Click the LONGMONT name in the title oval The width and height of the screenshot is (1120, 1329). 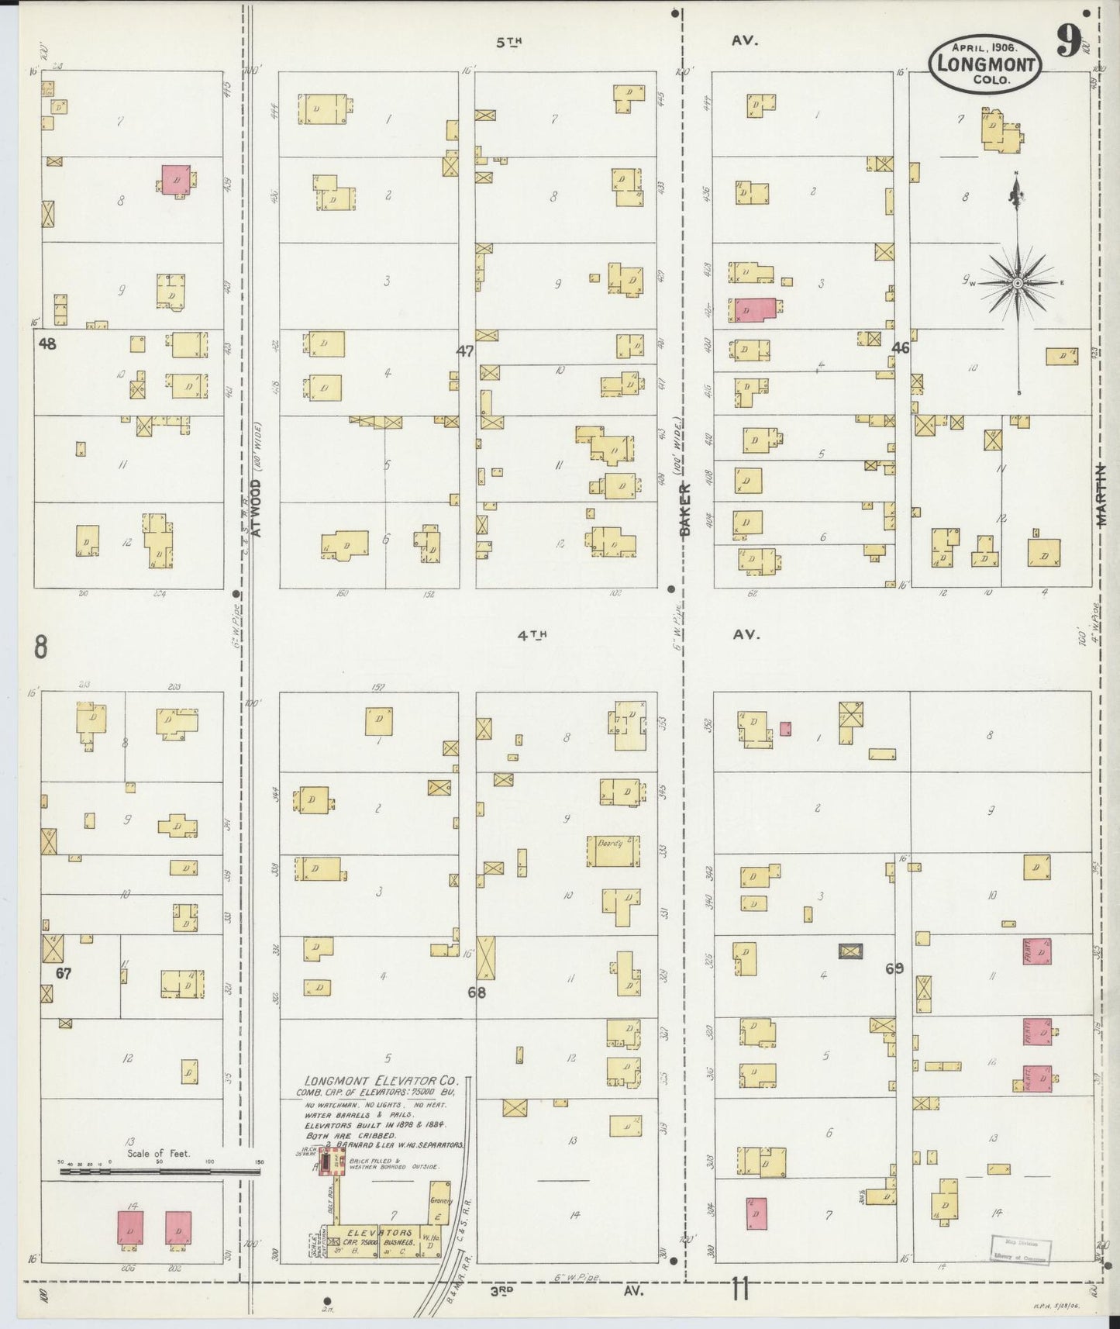coord(986,64)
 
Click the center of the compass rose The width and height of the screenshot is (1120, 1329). coord(1017,284)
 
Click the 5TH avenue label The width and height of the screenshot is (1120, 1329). coord(510,43)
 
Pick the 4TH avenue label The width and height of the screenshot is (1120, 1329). coord(532,635)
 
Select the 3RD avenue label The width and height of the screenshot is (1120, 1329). coord(504,1292)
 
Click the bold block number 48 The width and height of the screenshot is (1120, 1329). coord(47,343)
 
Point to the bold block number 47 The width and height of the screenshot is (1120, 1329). coord(464,350)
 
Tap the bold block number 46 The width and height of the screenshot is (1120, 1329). coord(900,348)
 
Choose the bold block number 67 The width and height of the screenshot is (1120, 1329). coord(64,973)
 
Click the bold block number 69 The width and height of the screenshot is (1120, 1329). coord(894,968)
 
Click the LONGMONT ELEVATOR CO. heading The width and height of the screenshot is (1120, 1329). coord(381,1080)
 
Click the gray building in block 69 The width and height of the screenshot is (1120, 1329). coord(851,951)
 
